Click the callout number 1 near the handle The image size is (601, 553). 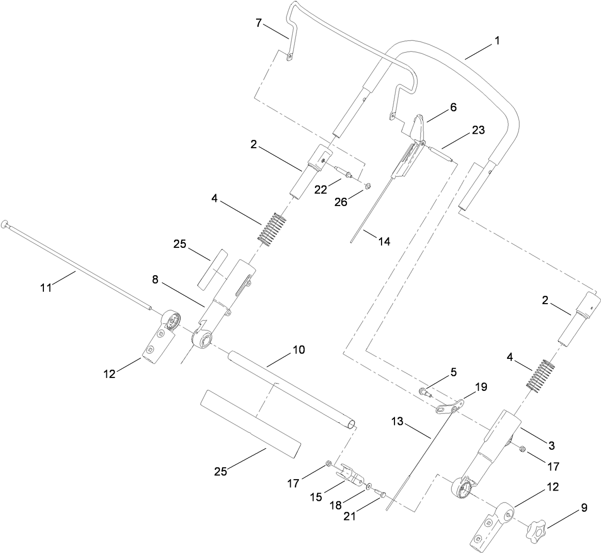[x=497, y=40]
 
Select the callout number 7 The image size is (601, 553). [x=260, y=22]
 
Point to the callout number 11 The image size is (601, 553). [x=46, y=287]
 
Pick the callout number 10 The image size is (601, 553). [x=298, y=350]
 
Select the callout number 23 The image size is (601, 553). [x=478, y=130]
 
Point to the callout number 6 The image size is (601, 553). [x=453, y=107]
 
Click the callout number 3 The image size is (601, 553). [x=551, y=445]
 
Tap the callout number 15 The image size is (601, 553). [x=316, y=497]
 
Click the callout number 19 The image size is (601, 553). [x=481, y=386]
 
